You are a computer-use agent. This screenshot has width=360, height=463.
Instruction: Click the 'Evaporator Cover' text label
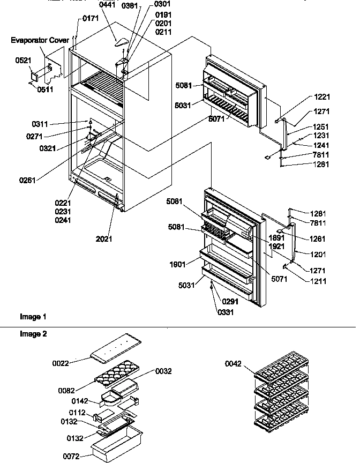[40, 40]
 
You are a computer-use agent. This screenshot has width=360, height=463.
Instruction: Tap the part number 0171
[90, 19]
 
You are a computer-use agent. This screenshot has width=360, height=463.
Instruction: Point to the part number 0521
[22, 62]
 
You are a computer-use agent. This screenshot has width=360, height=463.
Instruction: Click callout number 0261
[27, 180]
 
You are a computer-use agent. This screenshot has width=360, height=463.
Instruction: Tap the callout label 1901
[178, 264]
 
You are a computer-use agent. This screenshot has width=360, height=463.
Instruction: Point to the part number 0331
[226, 311]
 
